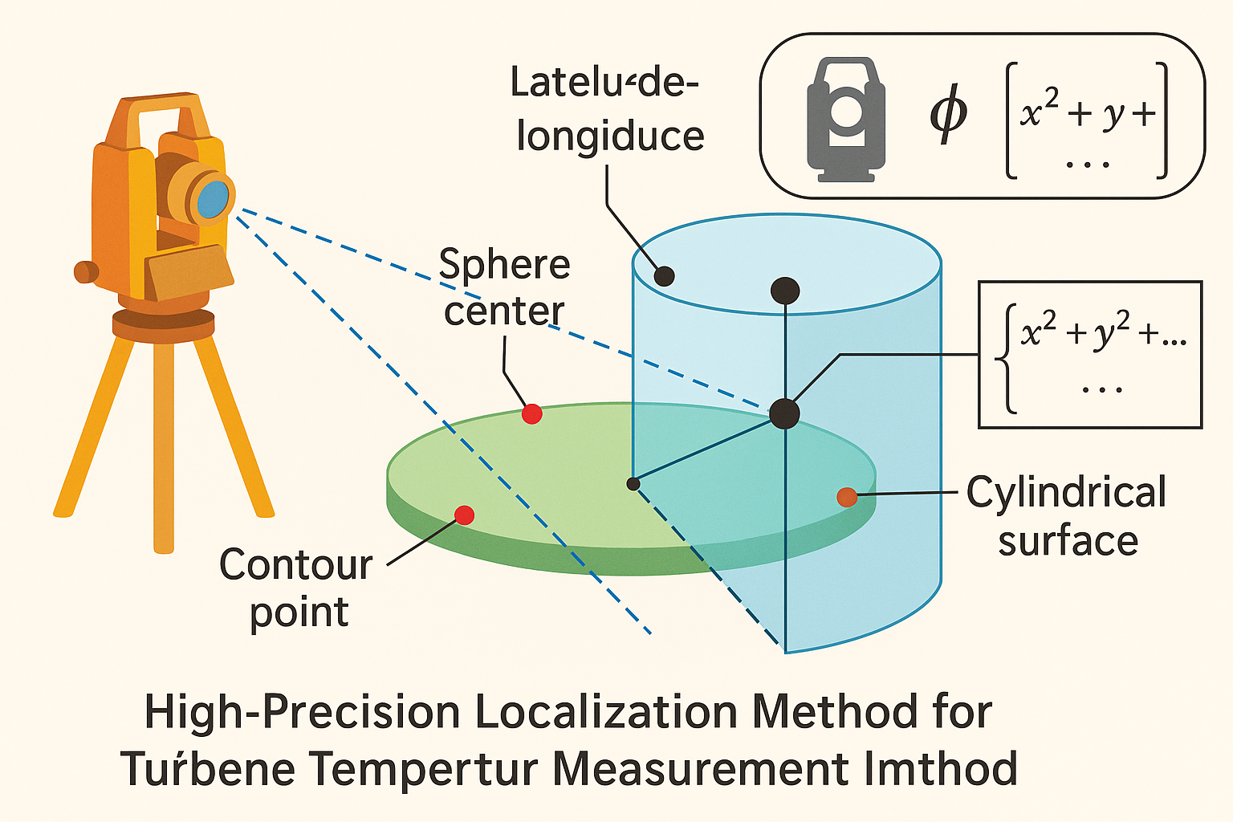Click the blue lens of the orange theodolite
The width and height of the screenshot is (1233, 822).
213,198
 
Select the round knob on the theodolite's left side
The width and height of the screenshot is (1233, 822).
84,271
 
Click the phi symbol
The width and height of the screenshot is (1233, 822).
949,115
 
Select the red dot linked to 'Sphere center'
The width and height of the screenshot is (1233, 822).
531,414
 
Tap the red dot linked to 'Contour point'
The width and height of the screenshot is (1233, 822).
464,515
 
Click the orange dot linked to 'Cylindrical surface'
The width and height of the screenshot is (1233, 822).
847,497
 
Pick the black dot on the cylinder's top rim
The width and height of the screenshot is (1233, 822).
664,276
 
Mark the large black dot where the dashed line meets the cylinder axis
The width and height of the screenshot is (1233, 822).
784,413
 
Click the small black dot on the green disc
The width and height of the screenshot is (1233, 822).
633,483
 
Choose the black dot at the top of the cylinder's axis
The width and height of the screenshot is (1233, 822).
784,291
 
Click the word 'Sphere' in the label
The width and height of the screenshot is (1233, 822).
504,265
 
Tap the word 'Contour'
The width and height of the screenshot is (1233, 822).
295,565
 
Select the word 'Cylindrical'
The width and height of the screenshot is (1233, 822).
1066,492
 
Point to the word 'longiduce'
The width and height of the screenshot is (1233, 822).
610,136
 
